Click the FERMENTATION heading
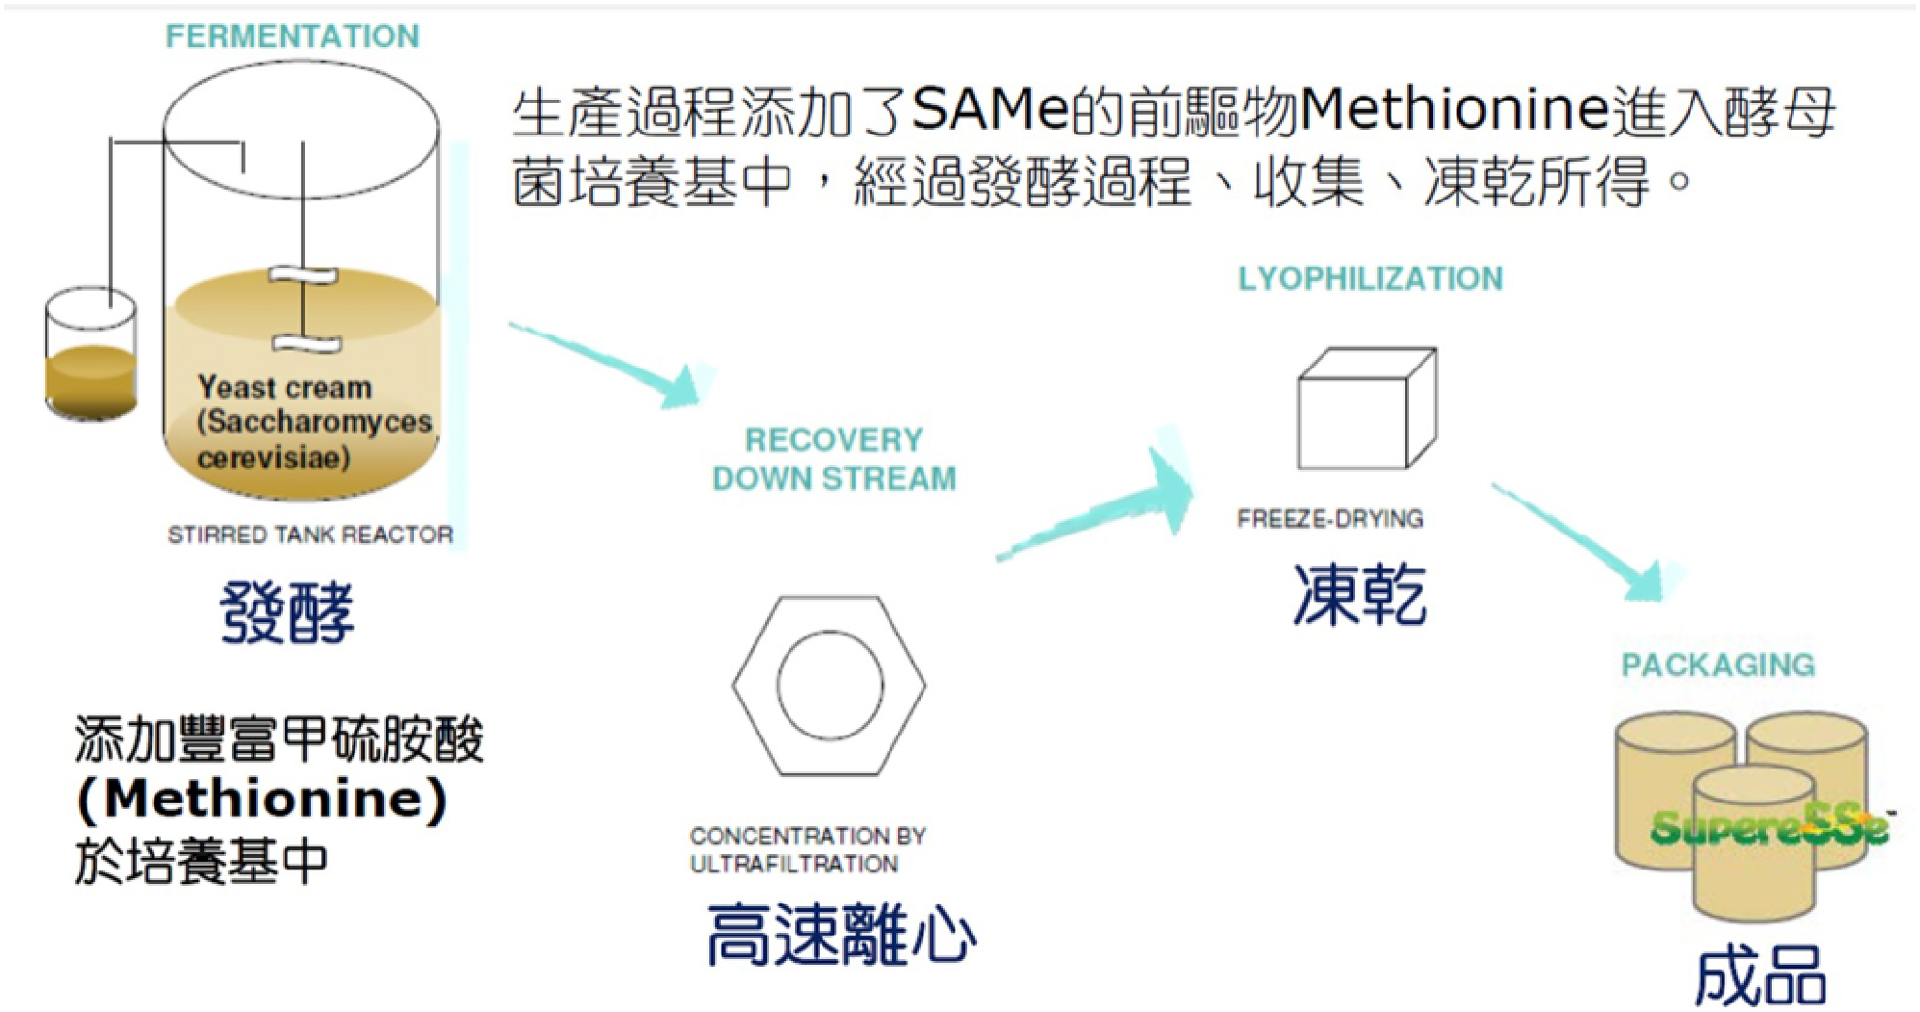point(293,37)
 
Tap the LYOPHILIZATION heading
point(1370,278)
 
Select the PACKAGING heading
point(1718,664)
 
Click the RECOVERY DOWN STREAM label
point(833,459)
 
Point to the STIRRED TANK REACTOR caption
point(310,534)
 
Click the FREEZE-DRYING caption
point(1330,519)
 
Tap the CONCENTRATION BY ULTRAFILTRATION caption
point(806,849)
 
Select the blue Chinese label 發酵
point(287,611)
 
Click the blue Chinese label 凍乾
point(1359,594)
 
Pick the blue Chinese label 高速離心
point(841,935)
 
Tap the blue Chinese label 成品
point(1759,976)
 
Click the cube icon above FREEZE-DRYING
point(1367,409)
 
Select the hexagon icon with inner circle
point(829,685)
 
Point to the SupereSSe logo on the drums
point(1769,826)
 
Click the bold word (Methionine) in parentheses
point(262,799)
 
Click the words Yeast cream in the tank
point(285,387)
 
